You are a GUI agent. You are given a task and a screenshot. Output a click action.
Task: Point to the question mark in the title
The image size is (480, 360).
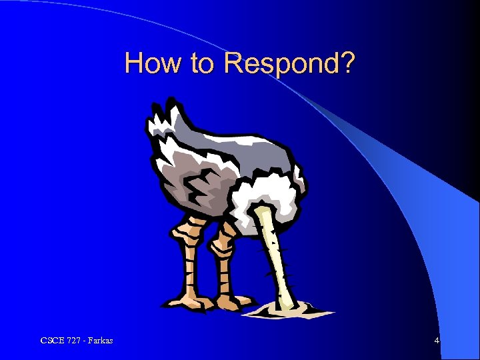click(x=347, y=63)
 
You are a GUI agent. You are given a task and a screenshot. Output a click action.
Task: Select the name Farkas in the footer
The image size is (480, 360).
click(x=101, y=341)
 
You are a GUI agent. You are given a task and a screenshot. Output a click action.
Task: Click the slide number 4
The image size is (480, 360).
click(x=437, y=341)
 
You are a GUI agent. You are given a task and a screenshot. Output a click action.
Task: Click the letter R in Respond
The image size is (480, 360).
click(x=234, y=63)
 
